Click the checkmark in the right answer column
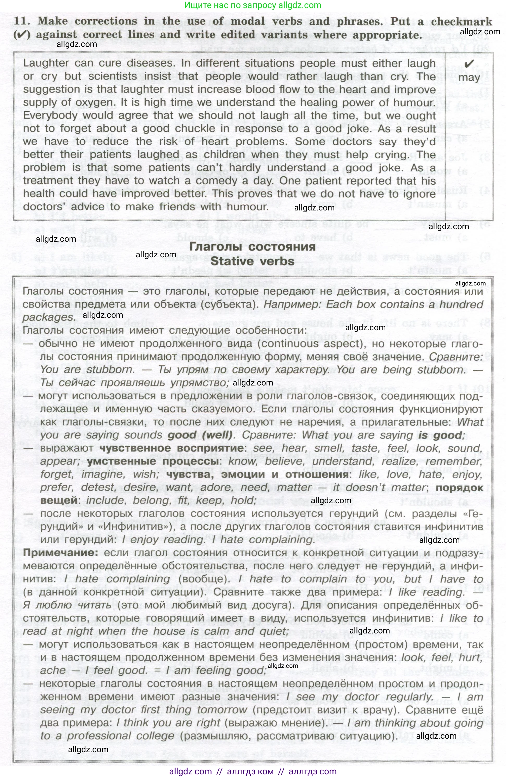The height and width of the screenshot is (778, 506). (469, 64)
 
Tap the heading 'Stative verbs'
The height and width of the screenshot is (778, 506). (252, 261)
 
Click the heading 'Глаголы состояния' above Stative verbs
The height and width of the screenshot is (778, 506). (252, 247)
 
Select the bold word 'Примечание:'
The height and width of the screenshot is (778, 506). (60, 553)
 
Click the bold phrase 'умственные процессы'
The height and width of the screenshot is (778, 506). (152, 461)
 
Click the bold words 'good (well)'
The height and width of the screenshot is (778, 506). (200, 435)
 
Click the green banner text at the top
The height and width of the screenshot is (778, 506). (252, 5)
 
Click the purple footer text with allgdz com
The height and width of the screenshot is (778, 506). (252, 771)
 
